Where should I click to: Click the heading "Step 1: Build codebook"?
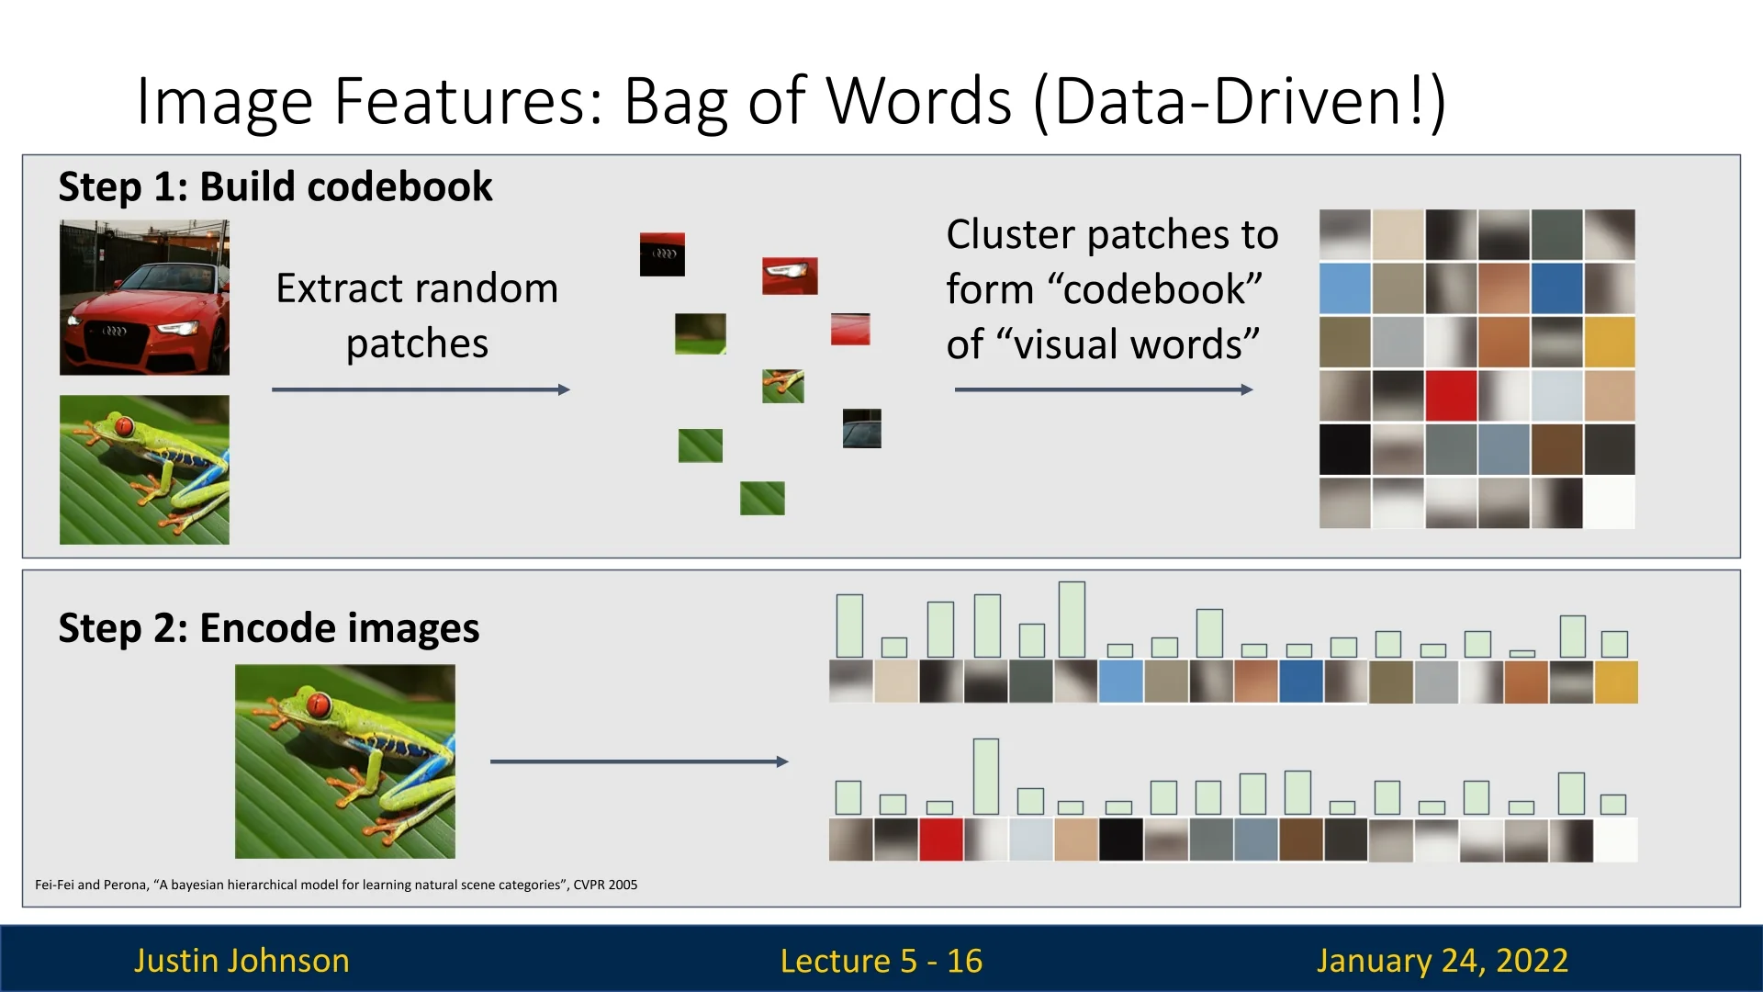[x=275, y=186]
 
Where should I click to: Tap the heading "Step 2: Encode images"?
[x=268, y=628]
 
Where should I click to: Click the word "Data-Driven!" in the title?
[x=1240, y=100]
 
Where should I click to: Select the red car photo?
[x=144, y=297]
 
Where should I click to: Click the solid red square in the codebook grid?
[x=1451, y=395]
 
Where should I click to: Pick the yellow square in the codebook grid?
[x=1609, y=342]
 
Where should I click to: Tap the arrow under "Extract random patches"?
[x=421, y=389]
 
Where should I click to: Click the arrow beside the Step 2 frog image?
[x=639, y=761]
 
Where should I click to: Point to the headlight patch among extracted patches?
[x=790, y=276]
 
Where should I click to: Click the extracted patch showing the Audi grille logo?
[x=662, y=254]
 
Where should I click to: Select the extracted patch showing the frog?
[x=782, y=386]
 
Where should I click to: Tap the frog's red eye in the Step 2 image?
[x=319, y=706]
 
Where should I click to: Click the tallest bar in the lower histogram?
[x=985, y=776]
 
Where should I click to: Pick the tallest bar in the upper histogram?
[x=1072, y=619]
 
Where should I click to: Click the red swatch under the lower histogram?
[x=940, y=840]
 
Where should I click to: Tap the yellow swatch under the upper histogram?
[x=1616, y=682]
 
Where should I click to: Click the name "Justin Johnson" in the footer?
[x=241, y=960]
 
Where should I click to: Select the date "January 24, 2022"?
[x=1442, y=960]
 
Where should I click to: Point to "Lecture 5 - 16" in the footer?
[x=881, y=961]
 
